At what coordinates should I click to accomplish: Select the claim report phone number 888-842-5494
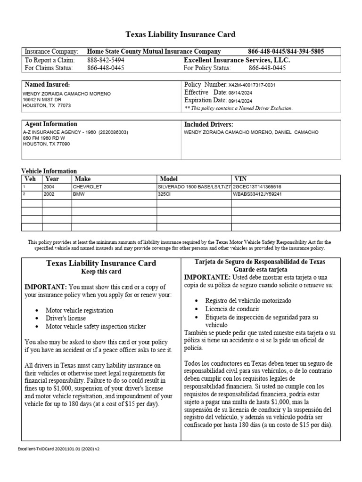[x=106, y=60]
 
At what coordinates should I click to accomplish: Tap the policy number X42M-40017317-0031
[x=252, y=85]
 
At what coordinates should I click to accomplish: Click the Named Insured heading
[x=47, y=84]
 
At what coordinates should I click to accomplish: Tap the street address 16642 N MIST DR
[x=42, y=100]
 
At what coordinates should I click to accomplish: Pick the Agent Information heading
[x=51, y=124]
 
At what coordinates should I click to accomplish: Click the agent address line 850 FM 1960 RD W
[x=44, y=138]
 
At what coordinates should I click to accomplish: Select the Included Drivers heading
[x=208, y=124]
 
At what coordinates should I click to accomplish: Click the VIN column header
[x=240, y=179]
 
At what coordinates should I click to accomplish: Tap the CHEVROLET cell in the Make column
[x=87, y=187]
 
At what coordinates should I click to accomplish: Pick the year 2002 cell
[x=49, y=194]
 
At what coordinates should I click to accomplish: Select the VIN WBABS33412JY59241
[x=257, y=194]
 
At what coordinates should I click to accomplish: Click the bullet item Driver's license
[x=66, y=318]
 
